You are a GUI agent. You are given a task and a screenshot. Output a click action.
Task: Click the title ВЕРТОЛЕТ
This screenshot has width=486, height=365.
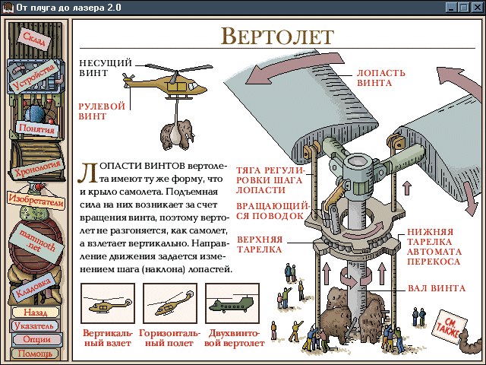277,36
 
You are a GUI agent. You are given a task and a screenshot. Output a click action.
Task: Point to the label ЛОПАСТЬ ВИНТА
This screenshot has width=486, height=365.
374,78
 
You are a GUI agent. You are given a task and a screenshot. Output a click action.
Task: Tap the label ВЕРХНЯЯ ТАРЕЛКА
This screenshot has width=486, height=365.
259,244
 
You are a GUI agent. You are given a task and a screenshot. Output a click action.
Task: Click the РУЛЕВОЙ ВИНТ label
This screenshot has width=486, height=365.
102,112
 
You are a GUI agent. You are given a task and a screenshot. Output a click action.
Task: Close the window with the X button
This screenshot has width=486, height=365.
475,7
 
